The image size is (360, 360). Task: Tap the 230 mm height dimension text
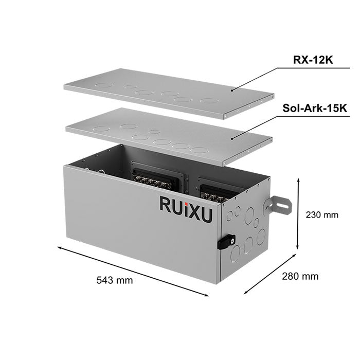coord(322,214)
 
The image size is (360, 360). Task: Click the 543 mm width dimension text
coord(114,280)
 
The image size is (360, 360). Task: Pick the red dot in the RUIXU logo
coord(188,196)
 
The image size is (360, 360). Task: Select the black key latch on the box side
coord(226,241)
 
